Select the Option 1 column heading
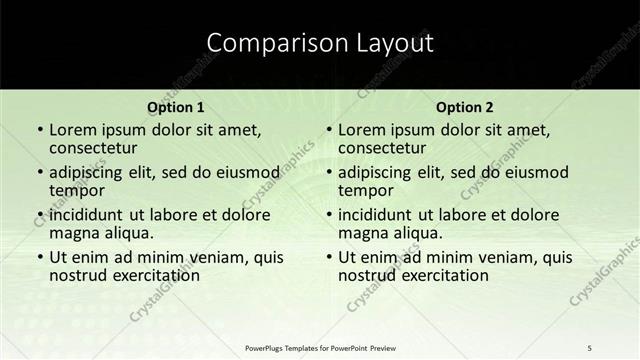(176, 107)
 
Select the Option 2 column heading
(465, 107)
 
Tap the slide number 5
(591, 347)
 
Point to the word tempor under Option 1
(75, 191)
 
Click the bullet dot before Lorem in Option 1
(39, 131)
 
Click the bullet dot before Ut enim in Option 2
(328, 257)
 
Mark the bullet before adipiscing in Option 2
(328, 173)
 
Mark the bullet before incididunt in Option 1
(39, 215)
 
